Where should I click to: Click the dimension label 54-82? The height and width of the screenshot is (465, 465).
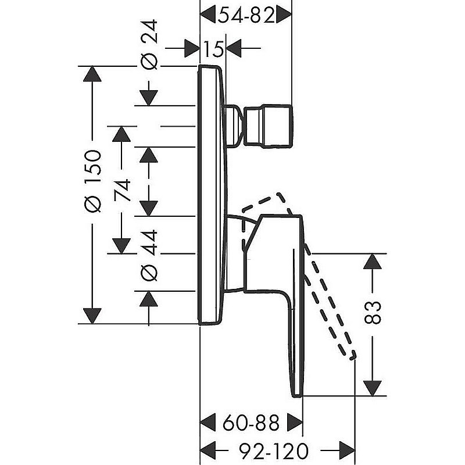[246, 16]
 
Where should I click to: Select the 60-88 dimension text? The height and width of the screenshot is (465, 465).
[251, 421]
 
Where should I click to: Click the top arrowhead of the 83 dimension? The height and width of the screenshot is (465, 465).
[373, 262]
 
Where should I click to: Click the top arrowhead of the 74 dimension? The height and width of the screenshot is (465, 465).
[121, 134]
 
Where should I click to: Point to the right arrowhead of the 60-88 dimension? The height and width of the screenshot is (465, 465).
[295, 421]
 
